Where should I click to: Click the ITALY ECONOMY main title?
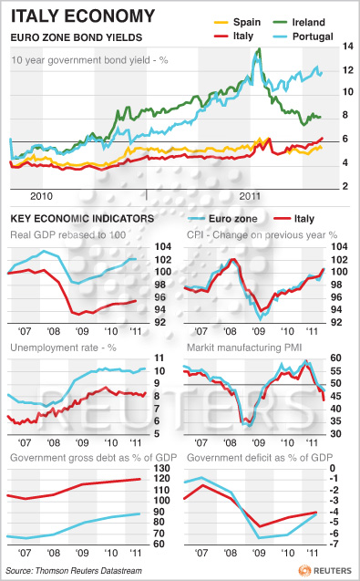pyautogui.click(x=83, y=16)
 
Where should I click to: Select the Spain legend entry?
pyautogui.click(x=237, y=22)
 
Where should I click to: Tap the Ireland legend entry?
pyautogui.click(x=299, y=22)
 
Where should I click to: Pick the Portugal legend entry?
pyautogui.click(x=303, y=36)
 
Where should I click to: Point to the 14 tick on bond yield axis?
pyautogui.click(x=347, y=47)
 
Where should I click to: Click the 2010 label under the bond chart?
pyautogui.click(x=41, y=196)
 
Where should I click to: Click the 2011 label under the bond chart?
pyautogui.click(x=250, y=196)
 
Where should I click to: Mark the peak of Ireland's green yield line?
pyautogui.click(x=259, y=48)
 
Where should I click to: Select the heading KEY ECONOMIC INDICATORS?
pyautogui.click(x=82, y=219)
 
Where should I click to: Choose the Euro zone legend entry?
pyautogui.click(x=222, y=219)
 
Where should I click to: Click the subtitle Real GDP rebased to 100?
pyautogui.click(x=68, y=235)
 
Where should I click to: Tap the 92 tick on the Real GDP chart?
pyautogui.click(x=160, y=322)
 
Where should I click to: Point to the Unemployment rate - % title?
pyautogui.click(x=63, y=348)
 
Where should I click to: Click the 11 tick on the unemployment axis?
pyautogui.click(x=159, y=358)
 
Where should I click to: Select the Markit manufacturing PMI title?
pyautogui.click(x=244, y=348)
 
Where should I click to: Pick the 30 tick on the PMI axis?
pyautogui.click(x=336, y=433)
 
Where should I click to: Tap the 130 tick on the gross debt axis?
pyautogui.click(x=162, y=469)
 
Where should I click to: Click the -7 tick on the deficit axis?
pyautogui.click(x=334, y=544)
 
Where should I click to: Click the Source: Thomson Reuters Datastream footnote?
pyautogui.click(x=74, y=571)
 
